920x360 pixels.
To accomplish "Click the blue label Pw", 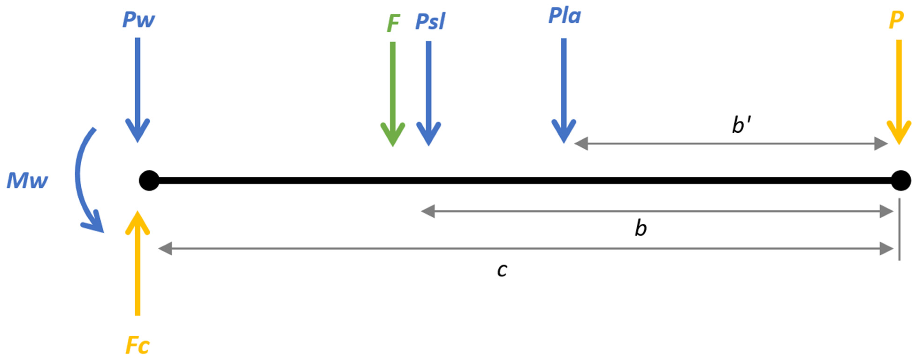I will point(139,20).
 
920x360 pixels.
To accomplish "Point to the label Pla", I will point(564,16).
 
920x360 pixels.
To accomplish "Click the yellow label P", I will point(897,20).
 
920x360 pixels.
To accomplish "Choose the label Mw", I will point(27,180).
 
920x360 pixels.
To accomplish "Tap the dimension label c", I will point(502,270).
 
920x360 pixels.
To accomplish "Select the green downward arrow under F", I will point(393,93).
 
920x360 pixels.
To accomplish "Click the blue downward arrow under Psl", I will point(429,93).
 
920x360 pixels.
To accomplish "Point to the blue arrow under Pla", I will point(564,89).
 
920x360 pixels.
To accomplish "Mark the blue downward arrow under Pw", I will point(137,89).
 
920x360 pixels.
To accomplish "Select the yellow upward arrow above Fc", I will point(137,264).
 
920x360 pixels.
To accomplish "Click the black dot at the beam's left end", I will point(149,180).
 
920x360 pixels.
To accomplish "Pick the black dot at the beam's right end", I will point(901,180).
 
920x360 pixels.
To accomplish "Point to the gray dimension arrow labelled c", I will point(525,249).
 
